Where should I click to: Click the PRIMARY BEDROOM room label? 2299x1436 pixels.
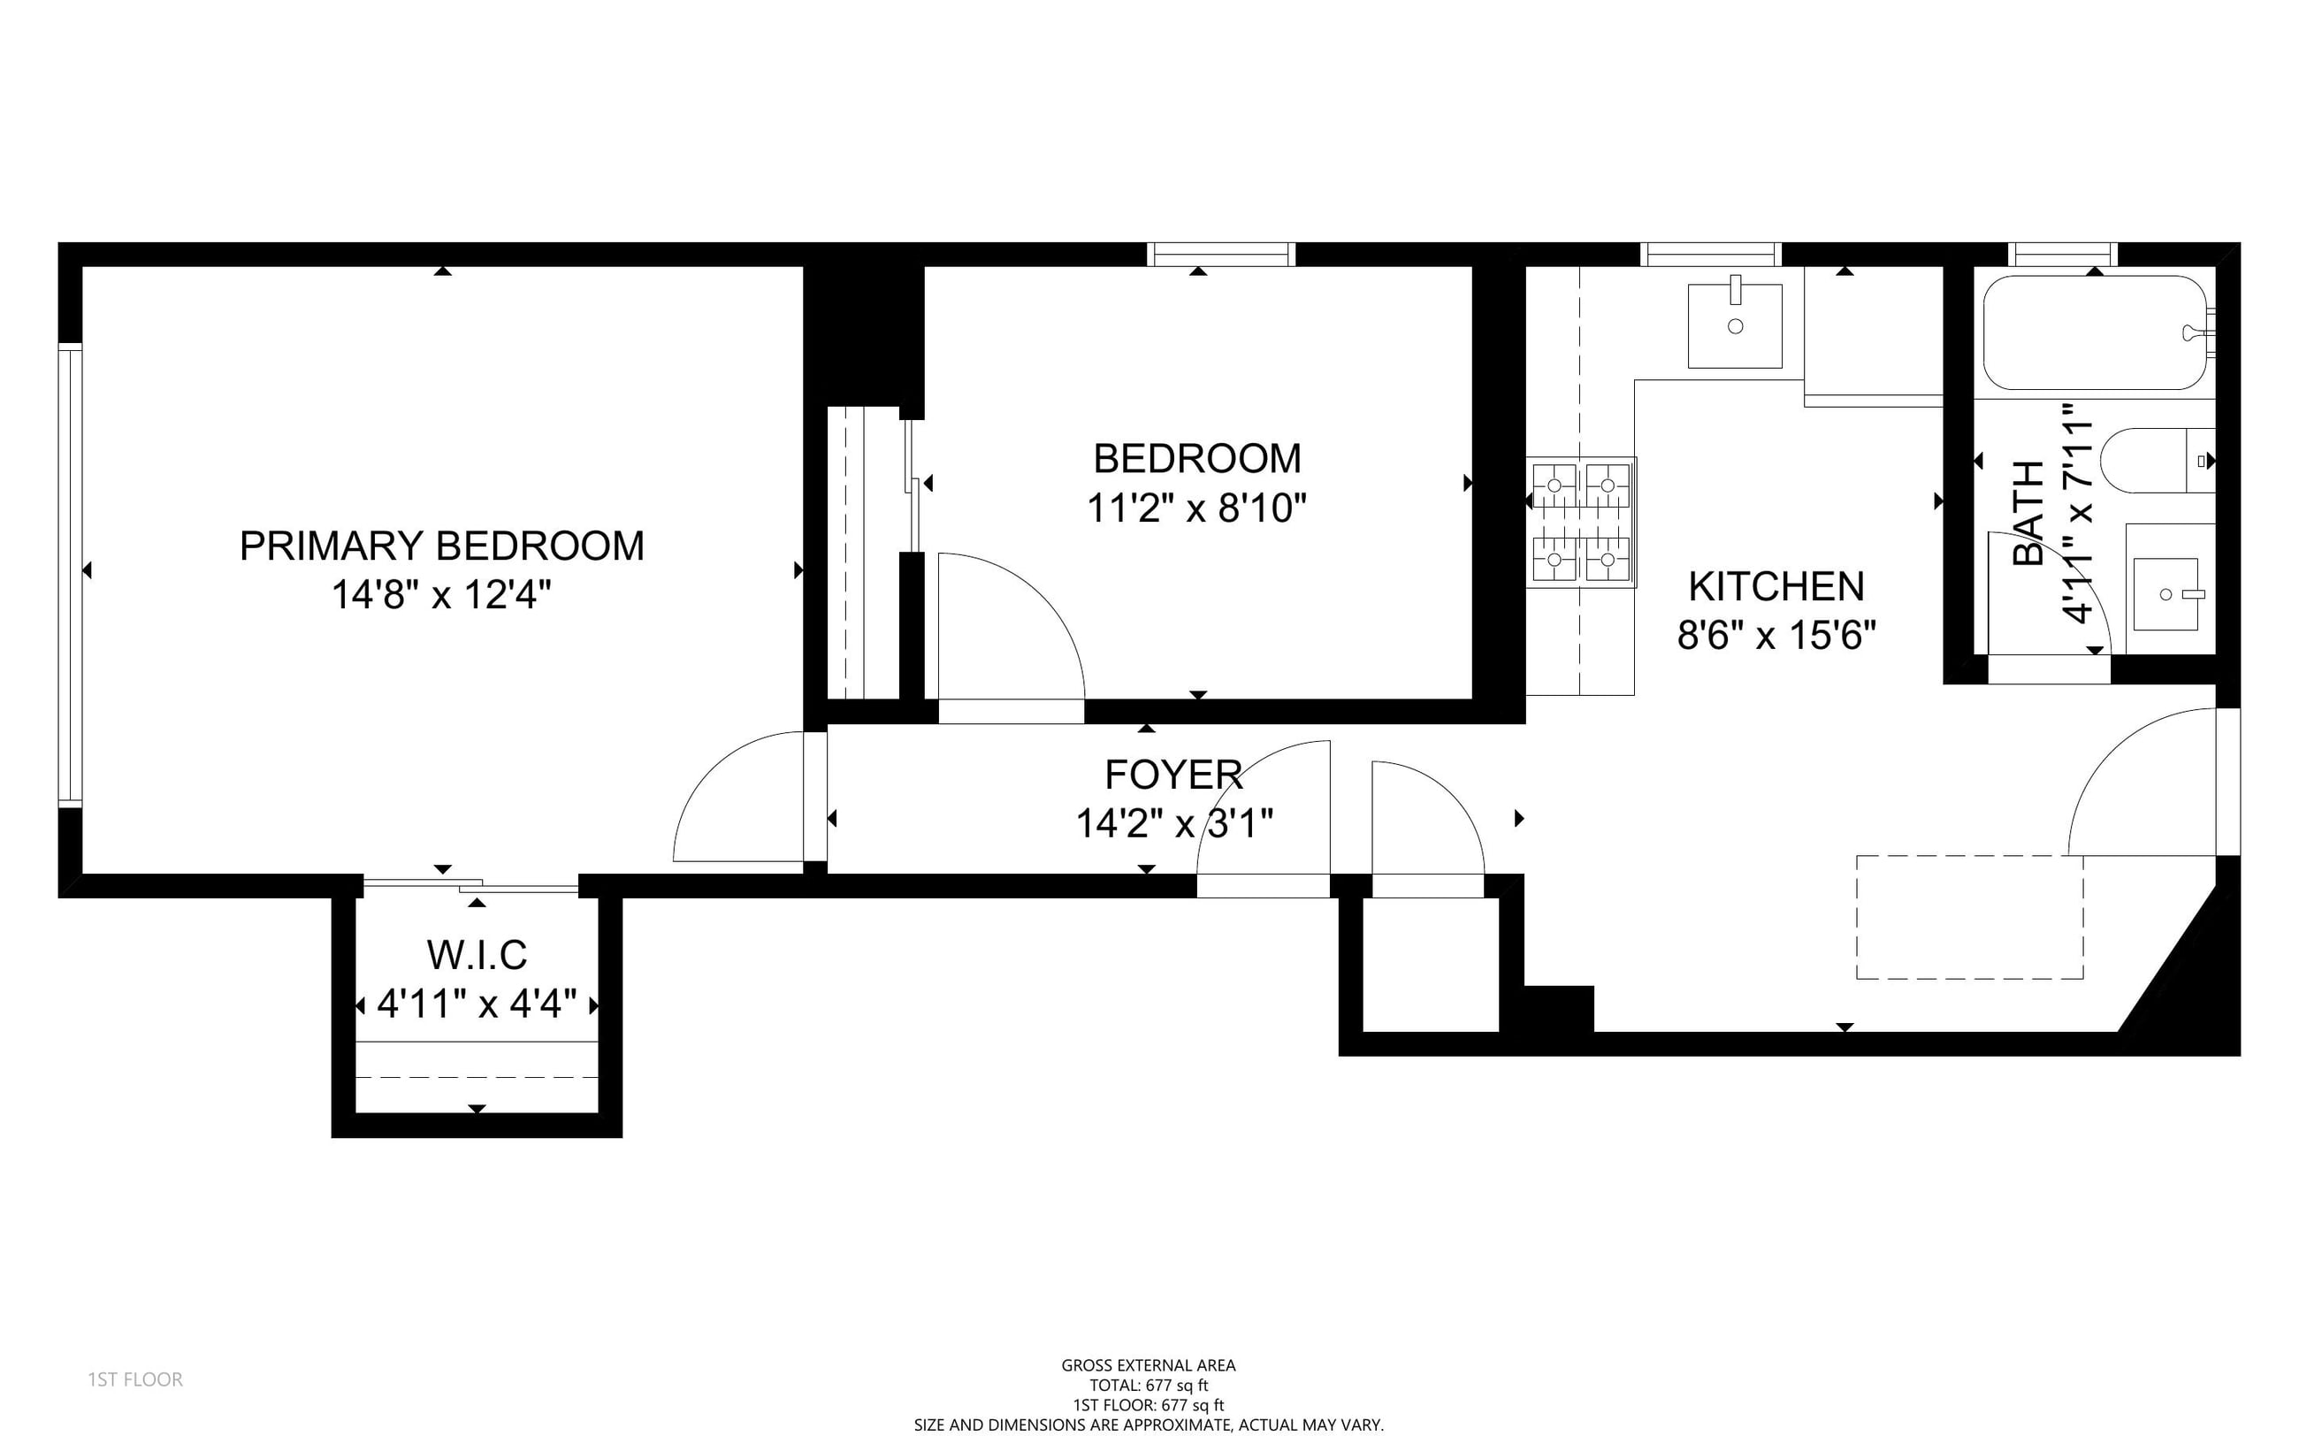tap(441, 546)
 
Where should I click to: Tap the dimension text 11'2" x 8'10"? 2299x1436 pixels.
tap(1196, 508)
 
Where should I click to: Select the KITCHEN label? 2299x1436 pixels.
tap(1776, 587)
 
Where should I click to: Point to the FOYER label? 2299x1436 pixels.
tap(1173, 775)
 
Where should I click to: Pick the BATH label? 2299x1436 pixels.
tap(2028, 513)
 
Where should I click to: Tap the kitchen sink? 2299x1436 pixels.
tap(1735, 325)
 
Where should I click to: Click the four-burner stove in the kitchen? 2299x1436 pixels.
tap(1581, 523)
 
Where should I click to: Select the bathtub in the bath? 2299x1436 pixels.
tap(2095, 332)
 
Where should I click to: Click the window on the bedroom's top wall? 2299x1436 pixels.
tap(1221, 255)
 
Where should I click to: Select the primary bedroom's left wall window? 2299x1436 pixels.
tap(70, 576)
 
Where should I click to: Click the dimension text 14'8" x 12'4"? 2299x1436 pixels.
tap(441, 595)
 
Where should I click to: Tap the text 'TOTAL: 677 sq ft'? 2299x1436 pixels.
tap(1149, 1386)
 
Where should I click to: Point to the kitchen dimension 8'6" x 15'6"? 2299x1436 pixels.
tap(1776, 636)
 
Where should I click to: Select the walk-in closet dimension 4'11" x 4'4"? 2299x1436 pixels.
tap(477, 1004)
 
